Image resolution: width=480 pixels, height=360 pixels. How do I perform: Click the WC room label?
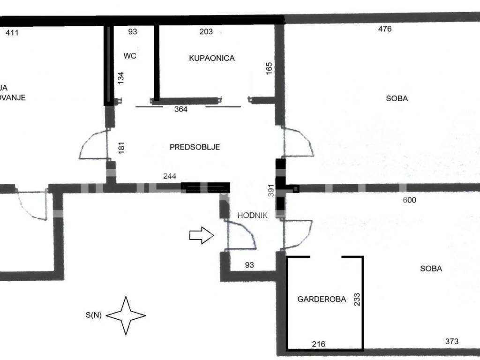130,56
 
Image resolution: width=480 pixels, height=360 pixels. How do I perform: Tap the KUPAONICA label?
211,58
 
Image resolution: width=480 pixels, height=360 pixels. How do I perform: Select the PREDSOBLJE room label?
195,147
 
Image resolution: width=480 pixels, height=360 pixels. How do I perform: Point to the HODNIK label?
252,216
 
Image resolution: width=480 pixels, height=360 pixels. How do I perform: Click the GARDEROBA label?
322,299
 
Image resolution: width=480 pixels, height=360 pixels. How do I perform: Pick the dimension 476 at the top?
385,29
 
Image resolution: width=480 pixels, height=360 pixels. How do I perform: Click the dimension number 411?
12,33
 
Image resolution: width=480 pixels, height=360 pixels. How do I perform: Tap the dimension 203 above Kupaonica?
206,32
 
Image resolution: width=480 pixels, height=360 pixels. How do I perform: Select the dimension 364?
181,109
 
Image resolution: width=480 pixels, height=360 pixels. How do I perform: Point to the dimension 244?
170,176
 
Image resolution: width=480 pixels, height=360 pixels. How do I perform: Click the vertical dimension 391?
271,189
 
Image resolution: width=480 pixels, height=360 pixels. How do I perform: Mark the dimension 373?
451,341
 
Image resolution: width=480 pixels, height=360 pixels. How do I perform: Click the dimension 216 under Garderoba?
319,344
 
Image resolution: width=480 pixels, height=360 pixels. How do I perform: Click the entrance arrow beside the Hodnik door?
201,235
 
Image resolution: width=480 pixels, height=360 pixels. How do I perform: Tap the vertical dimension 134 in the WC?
120,78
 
